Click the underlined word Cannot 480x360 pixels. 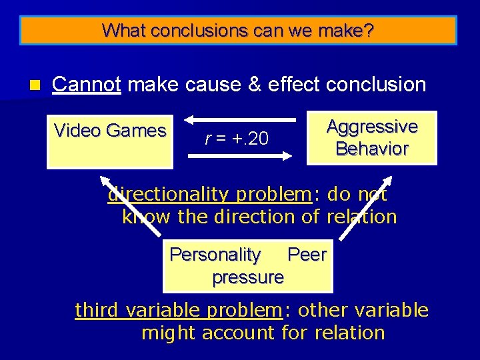pyautogui.click(x=86, y=85)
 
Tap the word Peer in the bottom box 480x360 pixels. pyautogui.click(x=307, y=255)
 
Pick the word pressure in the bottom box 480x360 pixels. pyautogui.click(x=248, y=277)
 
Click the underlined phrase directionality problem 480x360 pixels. pyautogui.click(x=209, y=195)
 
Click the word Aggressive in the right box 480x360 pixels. pyautogui.click(x=372, y=127)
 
